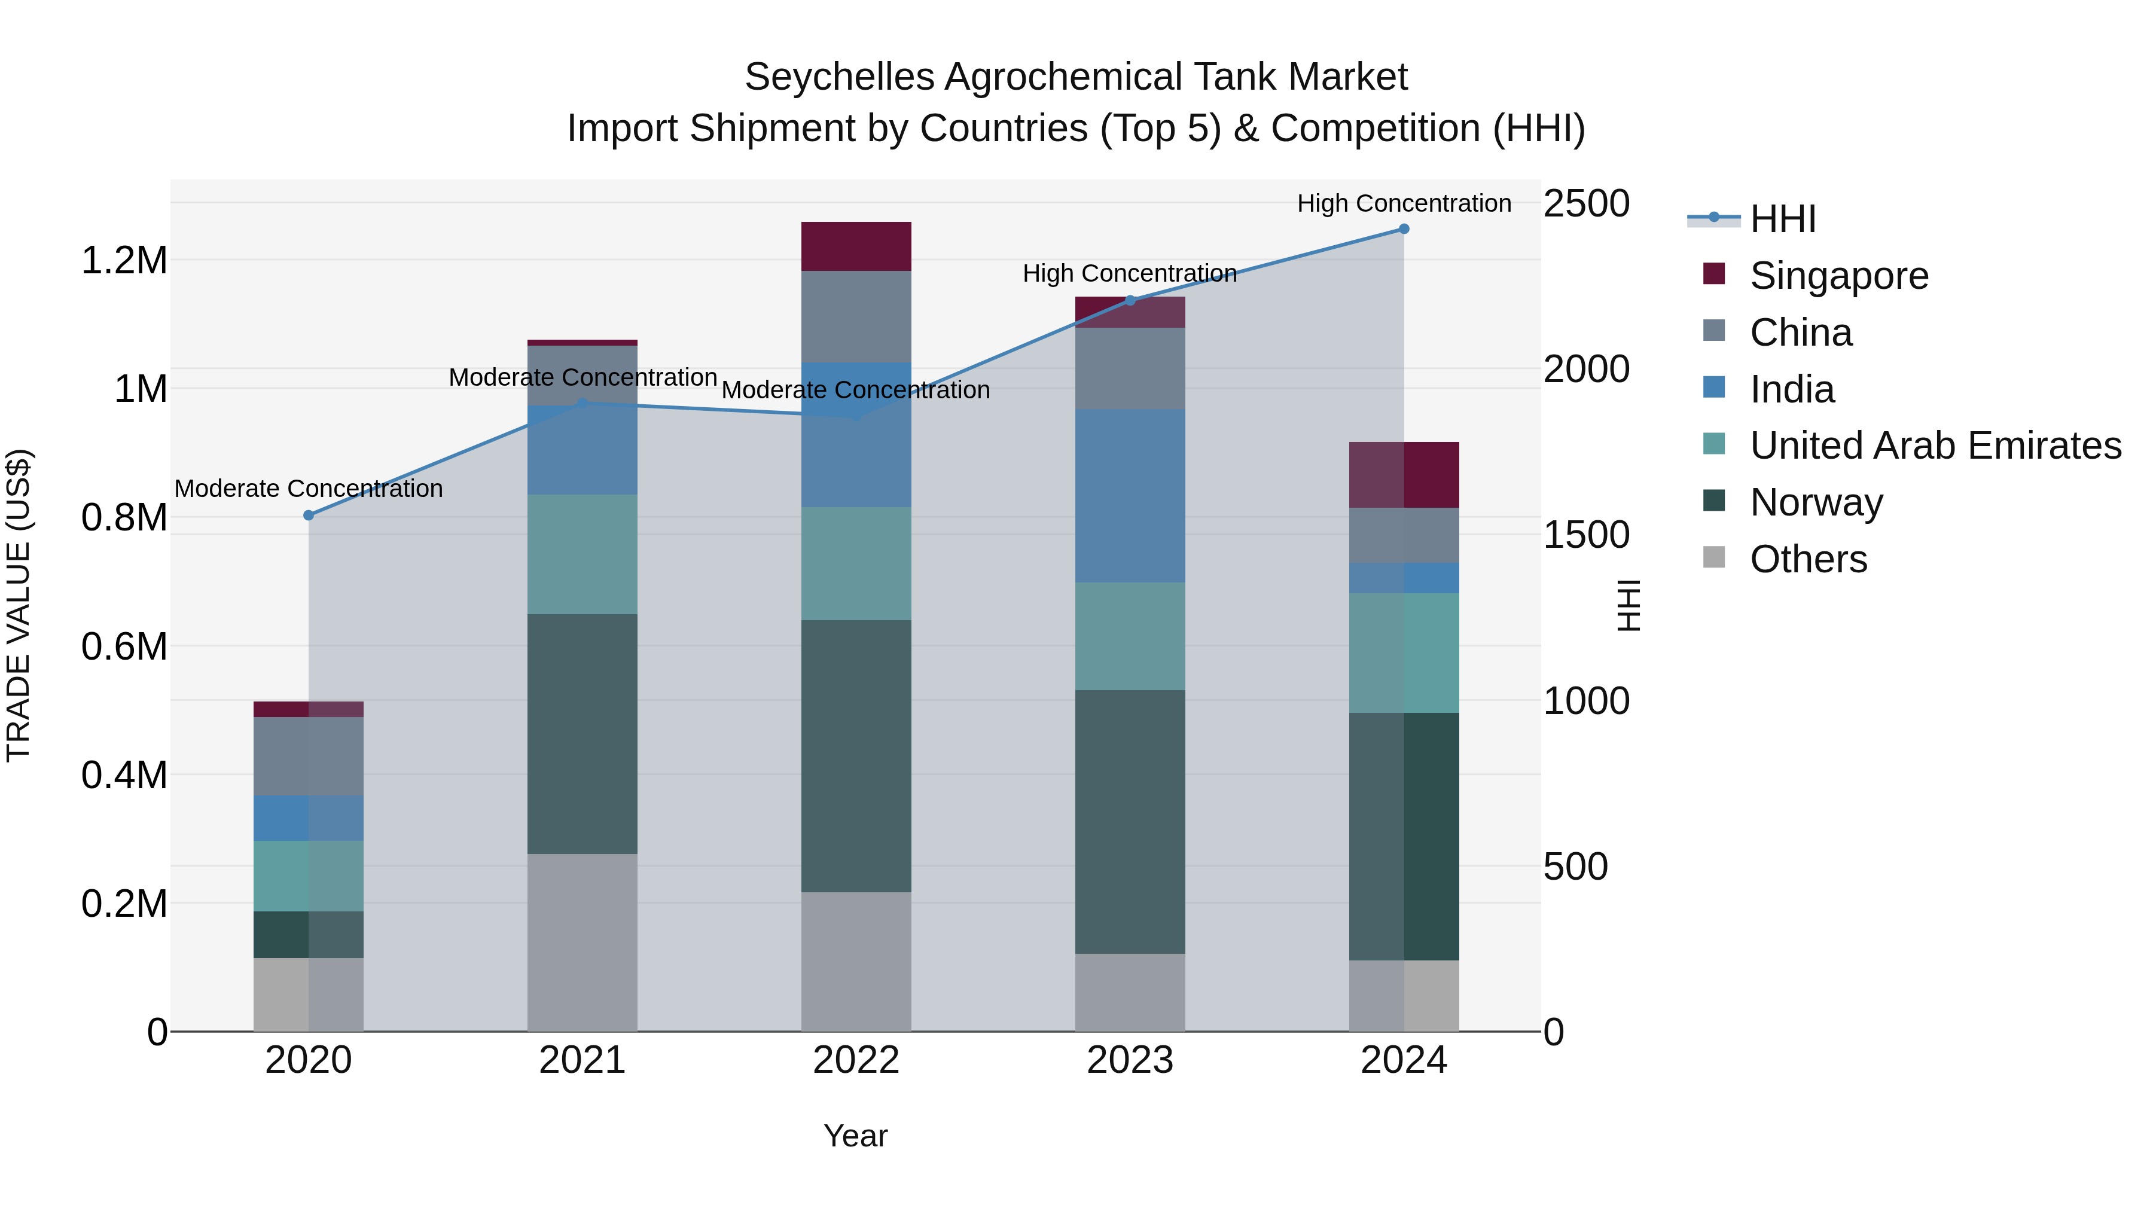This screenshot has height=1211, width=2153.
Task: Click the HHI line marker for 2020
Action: [309, 515]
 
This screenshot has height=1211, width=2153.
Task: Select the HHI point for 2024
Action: [1404, 229]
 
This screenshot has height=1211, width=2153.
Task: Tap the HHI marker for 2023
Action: [1130, 301]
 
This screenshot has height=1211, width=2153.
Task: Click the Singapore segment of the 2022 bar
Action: [856, 246]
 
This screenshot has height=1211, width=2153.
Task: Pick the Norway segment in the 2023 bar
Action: [1130, 822]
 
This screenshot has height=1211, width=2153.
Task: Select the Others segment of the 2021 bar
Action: [582, 942]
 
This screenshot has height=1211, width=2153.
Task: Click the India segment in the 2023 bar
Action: [1130, 496]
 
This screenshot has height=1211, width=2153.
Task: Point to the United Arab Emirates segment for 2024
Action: [1404, 652]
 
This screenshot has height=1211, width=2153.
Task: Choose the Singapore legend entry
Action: [1839, 276]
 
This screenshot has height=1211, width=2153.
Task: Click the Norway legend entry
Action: [1816, 502]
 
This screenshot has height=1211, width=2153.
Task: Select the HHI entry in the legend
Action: [1783, 219]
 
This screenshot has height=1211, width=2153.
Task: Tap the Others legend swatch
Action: [1714, 557]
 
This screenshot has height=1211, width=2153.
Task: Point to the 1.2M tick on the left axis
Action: [124, 261]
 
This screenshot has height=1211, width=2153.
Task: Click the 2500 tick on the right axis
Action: [1585, 204]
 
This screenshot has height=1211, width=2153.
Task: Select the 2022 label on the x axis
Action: [856, 1060]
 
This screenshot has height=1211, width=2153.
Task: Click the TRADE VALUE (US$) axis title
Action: [19, 605]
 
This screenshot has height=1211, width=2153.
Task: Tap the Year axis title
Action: [856, 1136]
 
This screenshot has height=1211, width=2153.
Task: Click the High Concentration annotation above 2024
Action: [1404, 204]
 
